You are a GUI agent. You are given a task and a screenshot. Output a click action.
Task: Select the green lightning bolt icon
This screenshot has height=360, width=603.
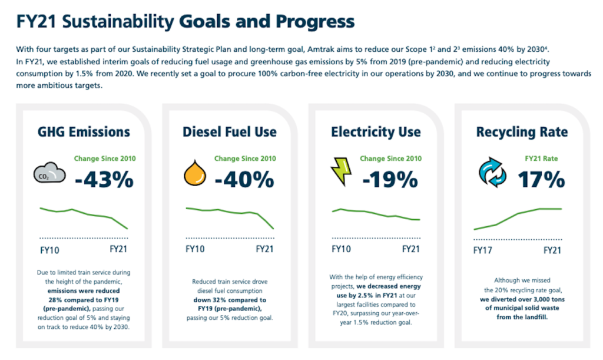click(340, 171)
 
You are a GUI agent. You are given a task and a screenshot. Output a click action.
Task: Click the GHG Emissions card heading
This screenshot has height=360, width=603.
click(84, 132)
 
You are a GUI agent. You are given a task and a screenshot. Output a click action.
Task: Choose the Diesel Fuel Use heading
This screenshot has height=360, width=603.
click(229, 132)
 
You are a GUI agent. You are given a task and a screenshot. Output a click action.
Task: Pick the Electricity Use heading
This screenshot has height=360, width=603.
click(376, 132)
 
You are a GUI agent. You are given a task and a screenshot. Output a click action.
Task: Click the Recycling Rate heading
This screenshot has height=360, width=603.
click(522, 132)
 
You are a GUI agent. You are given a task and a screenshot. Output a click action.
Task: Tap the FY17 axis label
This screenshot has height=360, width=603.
click(483, 250)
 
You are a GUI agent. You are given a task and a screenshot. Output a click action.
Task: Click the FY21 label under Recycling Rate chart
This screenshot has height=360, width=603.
click(552, 250)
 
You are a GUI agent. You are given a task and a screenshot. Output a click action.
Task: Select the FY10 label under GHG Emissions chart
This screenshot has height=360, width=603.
click(49, 250)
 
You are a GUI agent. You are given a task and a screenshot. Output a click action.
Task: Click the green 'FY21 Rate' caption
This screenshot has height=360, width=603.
click(541, 158)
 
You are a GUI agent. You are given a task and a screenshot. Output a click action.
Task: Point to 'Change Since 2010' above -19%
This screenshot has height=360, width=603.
click(391, 158)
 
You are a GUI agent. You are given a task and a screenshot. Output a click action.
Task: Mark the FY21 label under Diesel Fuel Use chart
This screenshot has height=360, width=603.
click(264, 249)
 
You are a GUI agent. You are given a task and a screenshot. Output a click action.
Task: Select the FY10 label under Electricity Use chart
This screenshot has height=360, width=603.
click(341, 249)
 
